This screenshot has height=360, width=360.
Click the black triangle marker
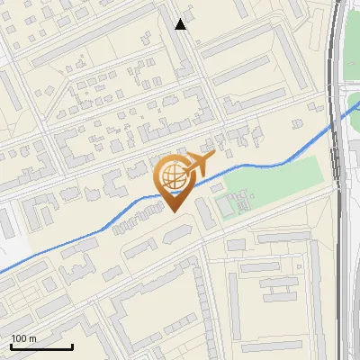181,24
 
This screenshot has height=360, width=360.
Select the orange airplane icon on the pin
200,164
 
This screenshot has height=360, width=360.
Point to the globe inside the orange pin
170,175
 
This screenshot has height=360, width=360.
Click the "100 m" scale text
23,338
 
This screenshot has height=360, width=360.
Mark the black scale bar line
41,346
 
